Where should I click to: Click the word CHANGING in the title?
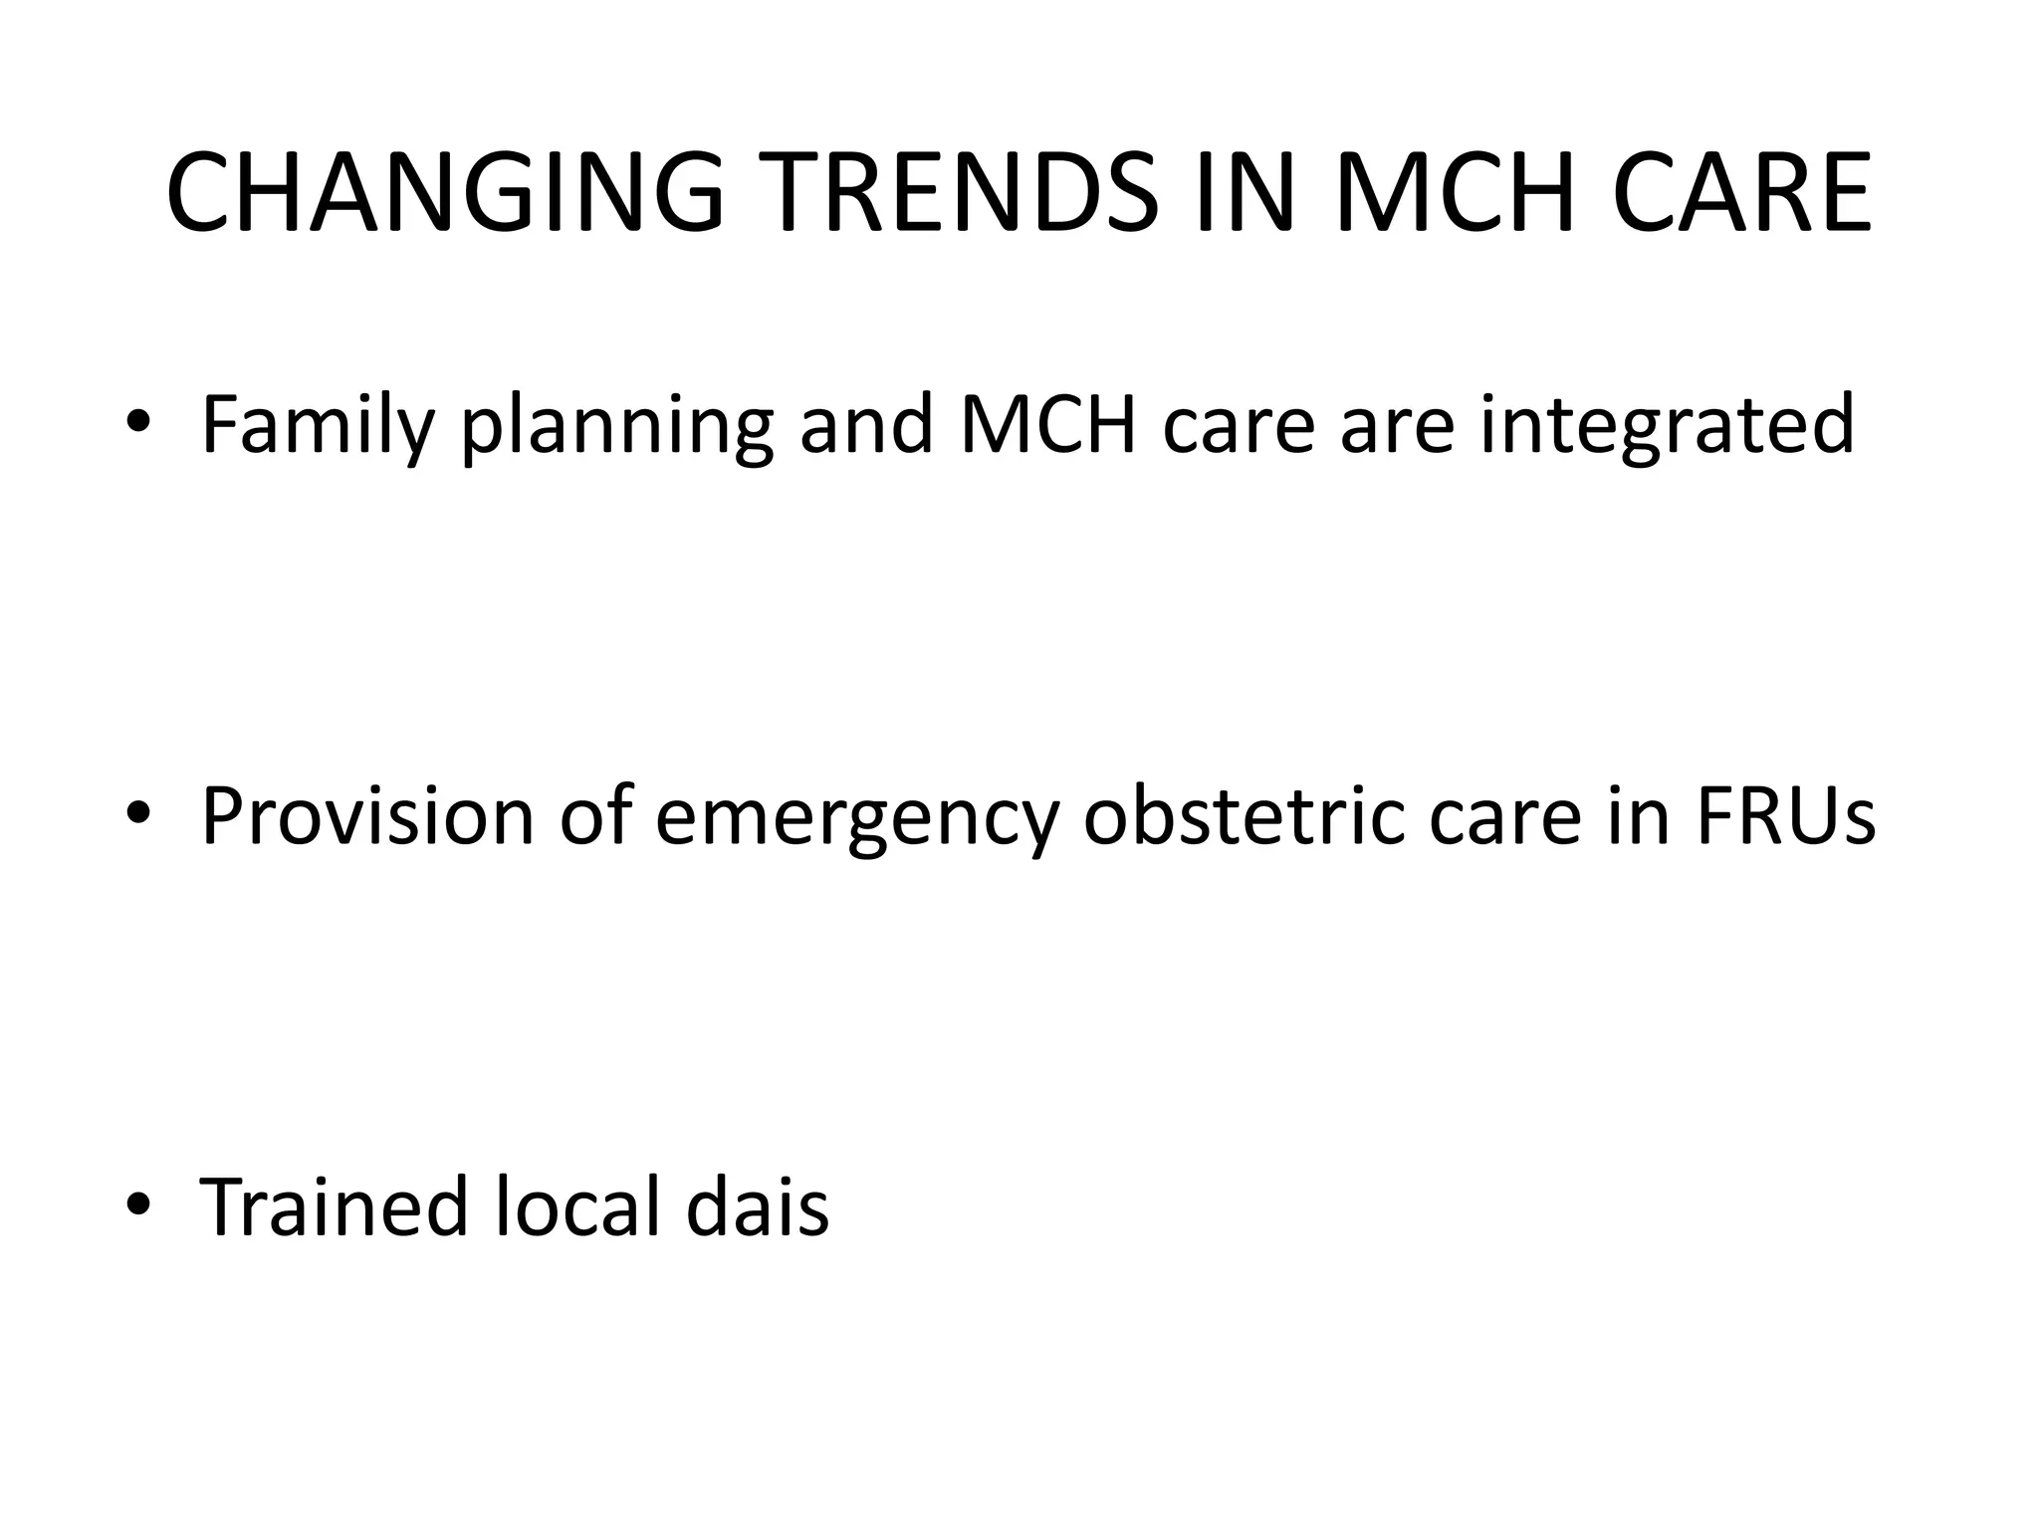(x=444, y=193)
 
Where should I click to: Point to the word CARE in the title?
(x=1742, y=193)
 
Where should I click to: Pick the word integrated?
(x=1668, y=426)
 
